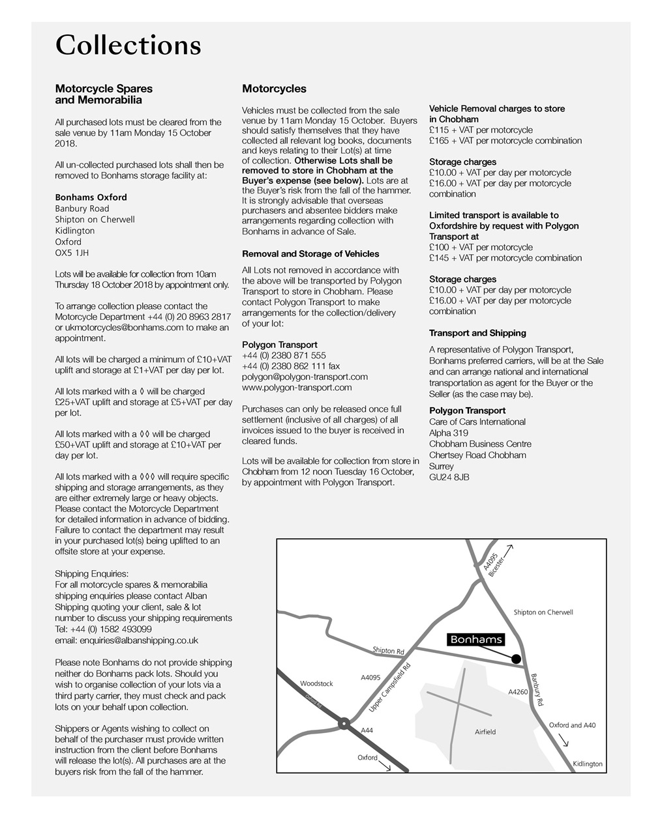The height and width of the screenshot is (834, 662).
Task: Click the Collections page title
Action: point(128,46)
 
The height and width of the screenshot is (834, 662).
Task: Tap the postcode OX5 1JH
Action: point(72,253)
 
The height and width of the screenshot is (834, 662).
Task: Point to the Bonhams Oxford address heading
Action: point(91,197)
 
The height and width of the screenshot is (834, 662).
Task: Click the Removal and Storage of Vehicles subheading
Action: point(310,254)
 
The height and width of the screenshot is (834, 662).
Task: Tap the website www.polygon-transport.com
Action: point(296,388)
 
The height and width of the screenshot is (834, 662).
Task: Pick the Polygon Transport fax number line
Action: point(290,366)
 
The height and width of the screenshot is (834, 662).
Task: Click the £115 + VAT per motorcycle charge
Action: point(481,130)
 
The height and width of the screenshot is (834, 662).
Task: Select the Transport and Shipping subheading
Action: point(477,333)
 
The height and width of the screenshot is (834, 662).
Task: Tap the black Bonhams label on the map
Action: point(476,640)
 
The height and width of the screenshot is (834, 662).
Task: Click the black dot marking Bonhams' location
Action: point(516,659)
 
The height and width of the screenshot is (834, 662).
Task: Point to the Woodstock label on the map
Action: point(316,683)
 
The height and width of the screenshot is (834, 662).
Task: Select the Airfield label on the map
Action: point(485,732)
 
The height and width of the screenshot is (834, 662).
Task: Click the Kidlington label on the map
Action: point(587,764)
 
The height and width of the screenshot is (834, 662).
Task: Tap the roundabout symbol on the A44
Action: point(343,723)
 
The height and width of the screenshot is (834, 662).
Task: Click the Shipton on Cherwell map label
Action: point(543,612)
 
